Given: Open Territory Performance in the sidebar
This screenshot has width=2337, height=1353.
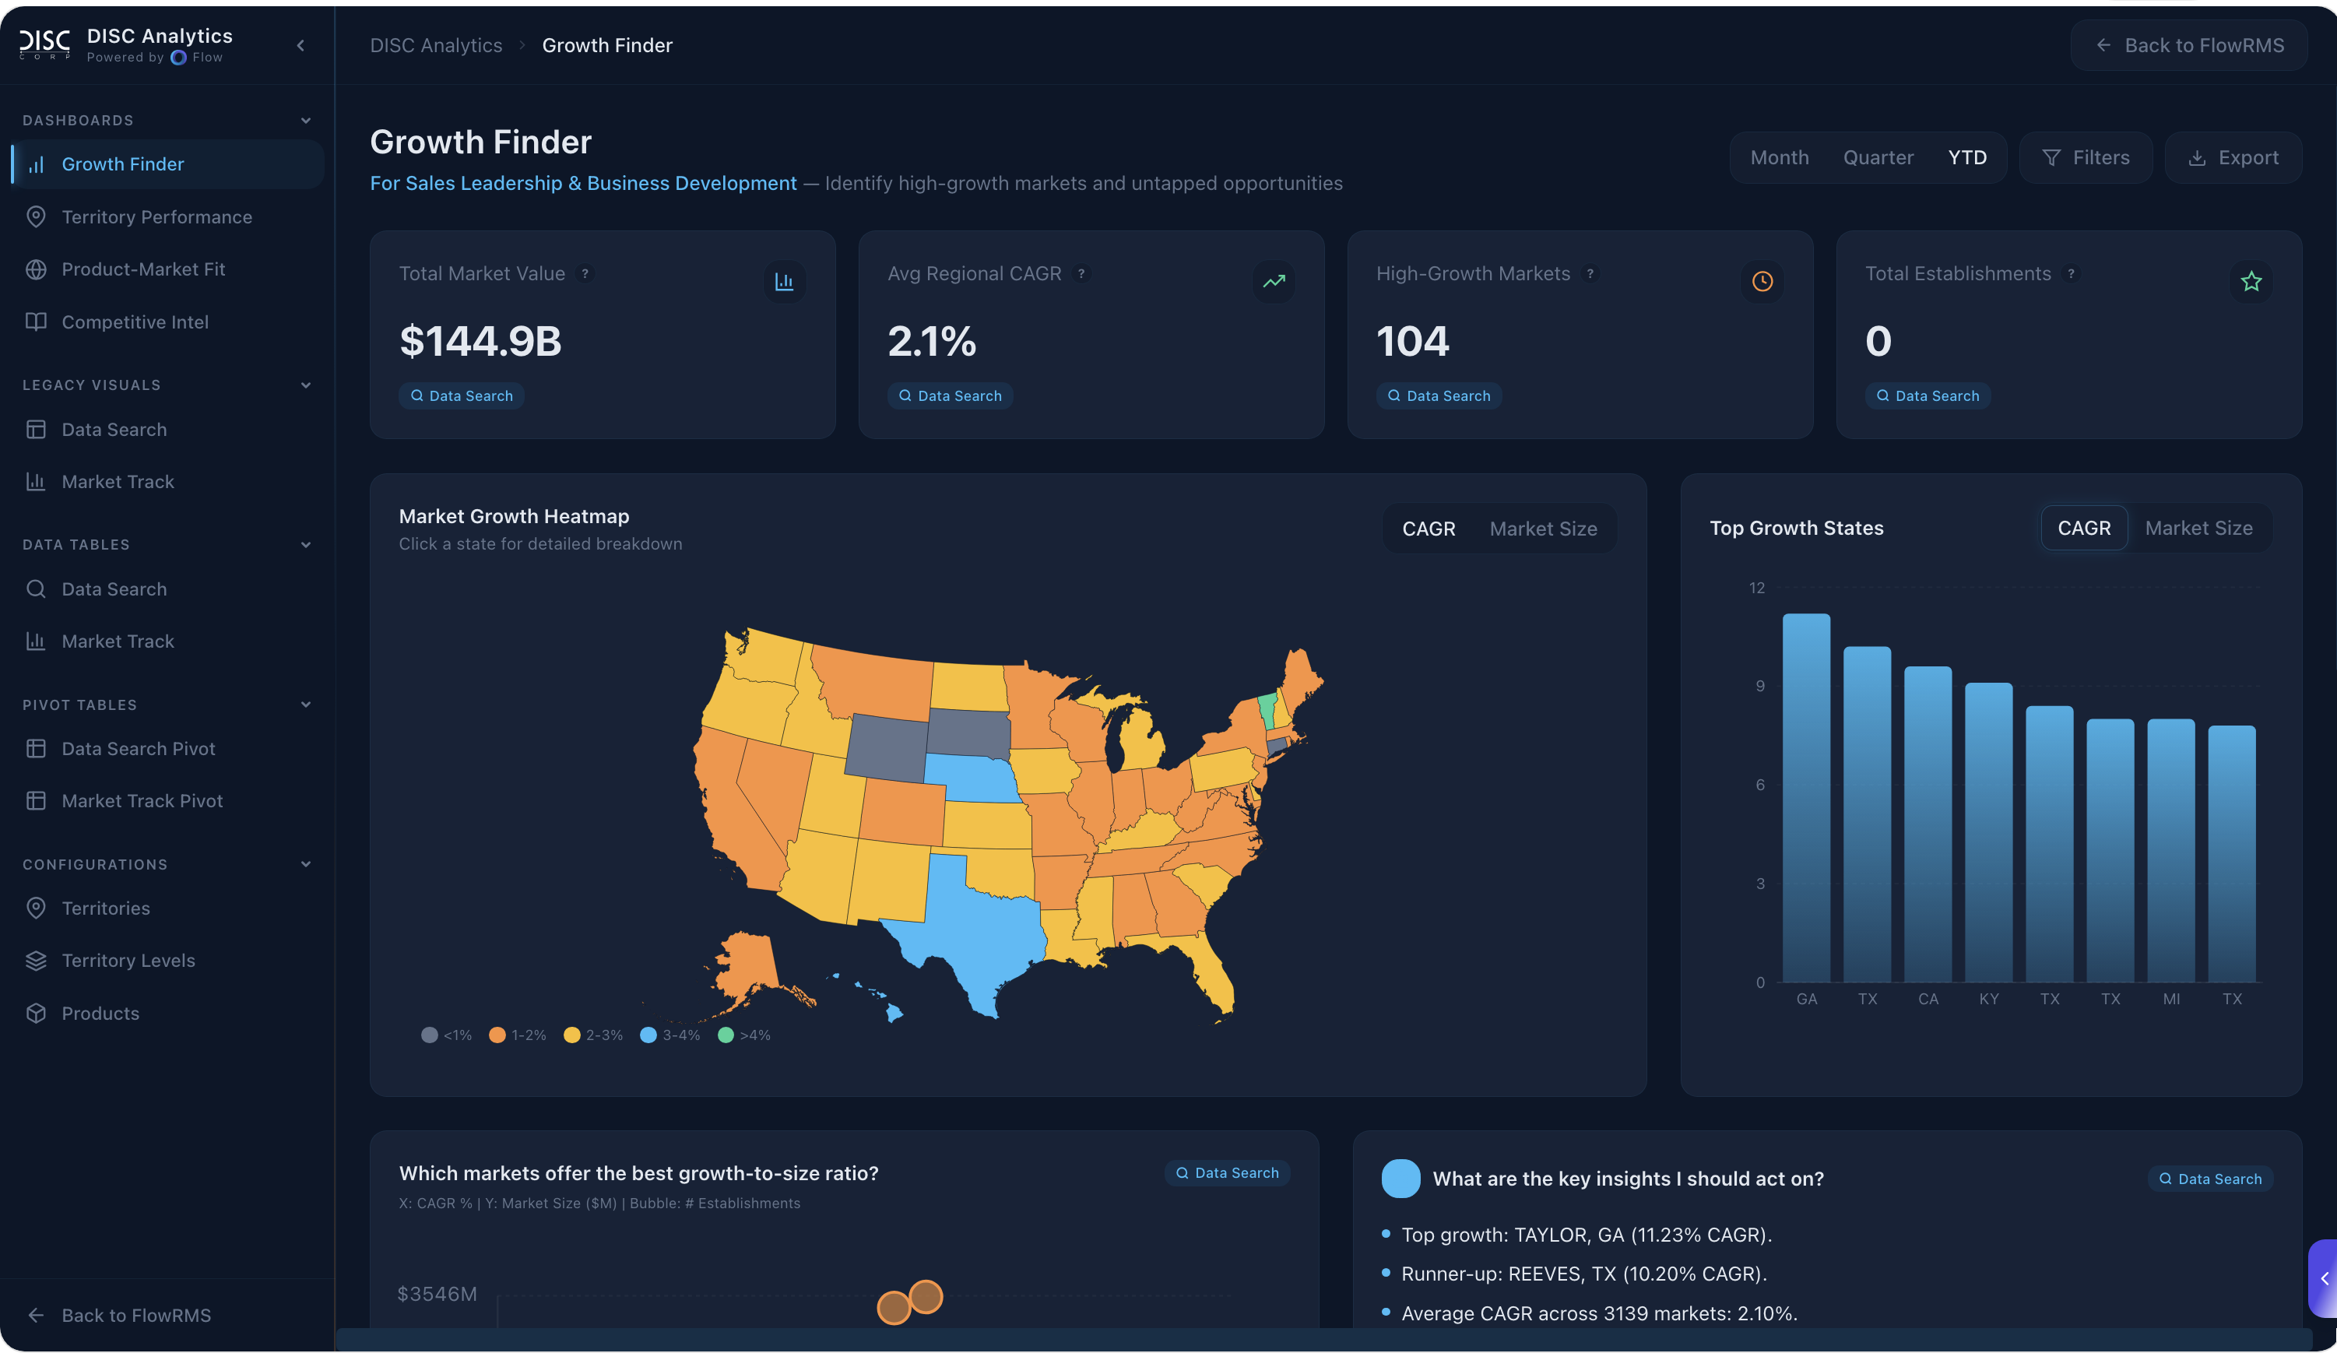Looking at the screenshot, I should tap(156, 217).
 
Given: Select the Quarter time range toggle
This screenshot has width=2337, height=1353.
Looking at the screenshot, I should tap(1878, 158).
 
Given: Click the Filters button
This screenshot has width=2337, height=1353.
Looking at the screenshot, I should tap(2086, 158).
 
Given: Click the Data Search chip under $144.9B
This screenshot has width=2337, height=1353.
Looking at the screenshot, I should tap(461, 396).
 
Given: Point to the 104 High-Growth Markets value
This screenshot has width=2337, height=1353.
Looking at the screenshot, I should tap(1411, 341).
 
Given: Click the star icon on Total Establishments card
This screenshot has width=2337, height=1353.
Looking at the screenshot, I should tap(2251, 281).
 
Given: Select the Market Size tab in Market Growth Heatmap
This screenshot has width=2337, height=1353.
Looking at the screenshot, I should tap(1543, 529).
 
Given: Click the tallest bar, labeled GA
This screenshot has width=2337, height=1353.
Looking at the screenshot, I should tap(1805, 797).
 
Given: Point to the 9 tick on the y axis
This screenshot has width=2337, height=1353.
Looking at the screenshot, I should tap(1759, 687).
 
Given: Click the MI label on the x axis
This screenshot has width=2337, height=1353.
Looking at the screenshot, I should tap(2171, 999).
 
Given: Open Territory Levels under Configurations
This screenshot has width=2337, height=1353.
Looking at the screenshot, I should tap(128, 961).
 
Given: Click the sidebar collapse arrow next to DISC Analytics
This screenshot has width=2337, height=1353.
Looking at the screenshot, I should tap(300, 45).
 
